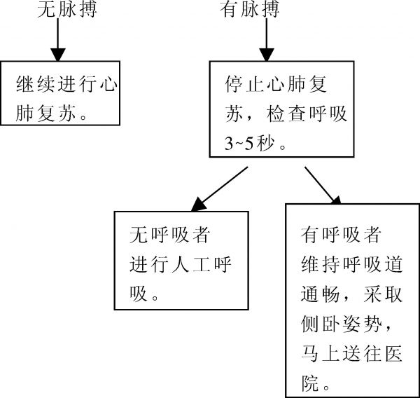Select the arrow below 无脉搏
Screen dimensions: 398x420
(58, 44)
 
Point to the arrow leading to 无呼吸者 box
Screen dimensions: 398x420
(220, 187)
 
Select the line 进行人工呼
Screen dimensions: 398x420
(180, 264)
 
